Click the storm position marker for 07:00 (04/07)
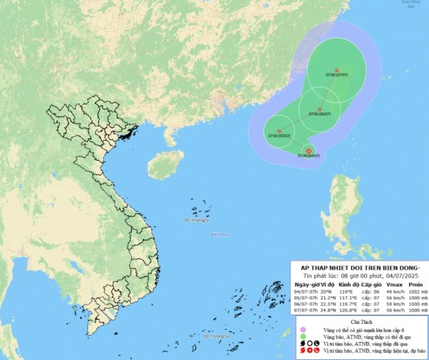click(x=308, y=151)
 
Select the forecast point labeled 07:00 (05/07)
click(x=279, y=131)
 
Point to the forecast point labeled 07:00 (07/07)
click(x=337, y=70)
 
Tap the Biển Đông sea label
click(x=220, y=234)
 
